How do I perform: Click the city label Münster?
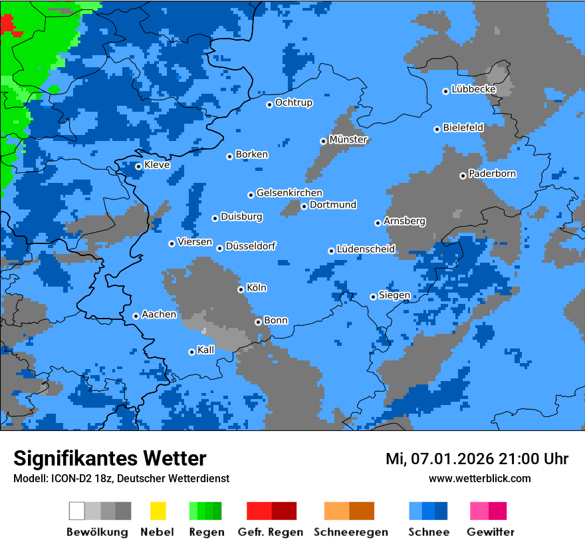click(x=348, y=140)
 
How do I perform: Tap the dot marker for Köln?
click(x=241, y=289)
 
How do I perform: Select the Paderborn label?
click(x=492, y=174)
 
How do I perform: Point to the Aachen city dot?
click(x=136, y=316)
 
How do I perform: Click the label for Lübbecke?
click(x=473, y=89)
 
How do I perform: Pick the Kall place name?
click(x=206, y=350)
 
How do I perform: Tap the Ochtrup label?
click(x=294, y=102)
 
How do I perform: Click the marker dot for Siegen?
click(x=373, y=297)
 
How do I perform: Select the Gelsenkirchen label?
click(x=289, y=193)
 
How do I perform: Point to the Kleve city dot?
click(x=138, y=166)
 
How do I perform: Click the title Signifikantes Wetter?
click(x=110, y=458)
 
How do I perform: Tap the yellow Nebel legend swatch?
click(x=158, y=511)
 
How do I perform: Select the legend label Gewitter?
click(x=490, y=532)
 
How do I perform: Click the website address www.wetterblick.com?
click(x=479, y=478)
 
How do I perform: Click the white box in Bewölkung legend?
click(x=77, y=511)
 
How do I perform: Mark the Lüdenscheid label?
click(x=366, y=249)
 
